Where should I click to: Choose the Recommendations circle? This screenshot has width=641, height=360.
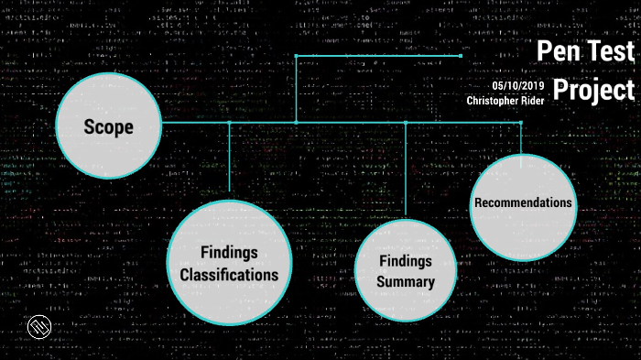point(523,206)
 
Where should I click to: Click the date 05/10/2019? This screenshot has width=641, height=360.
point(517,86)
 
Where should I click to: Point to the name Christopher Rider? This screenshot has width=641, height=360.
point(505,101)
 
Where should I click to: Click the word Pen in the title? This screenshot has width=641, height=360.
point(557,51)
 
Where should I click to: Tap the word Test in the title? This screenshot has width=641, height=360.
point(609,51)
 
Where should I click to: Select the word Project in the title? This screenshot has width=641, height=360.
point(594,91)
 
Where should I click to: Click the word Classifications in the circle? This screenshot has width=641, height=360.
point(229,274)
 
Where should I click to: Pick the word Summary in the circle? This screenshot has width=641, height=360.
point(406,282)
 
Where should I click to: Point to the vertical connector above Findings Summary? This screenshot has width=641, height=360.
point(406,169)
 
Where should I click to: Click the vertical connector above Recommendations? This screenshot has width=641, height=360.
point(521,137)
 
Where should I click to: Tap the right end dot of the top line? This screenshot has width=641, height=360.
point(460,56)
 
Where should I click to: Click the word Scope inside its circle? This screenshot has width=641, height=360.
point(109,126)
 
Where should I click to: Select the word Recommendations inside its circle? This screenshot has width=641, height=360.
point(523,202)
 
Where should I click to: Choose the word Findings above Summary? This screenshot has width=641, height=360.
point(406,261)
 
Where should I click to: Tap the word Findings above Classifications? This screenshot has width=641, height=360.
point(229,252)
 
